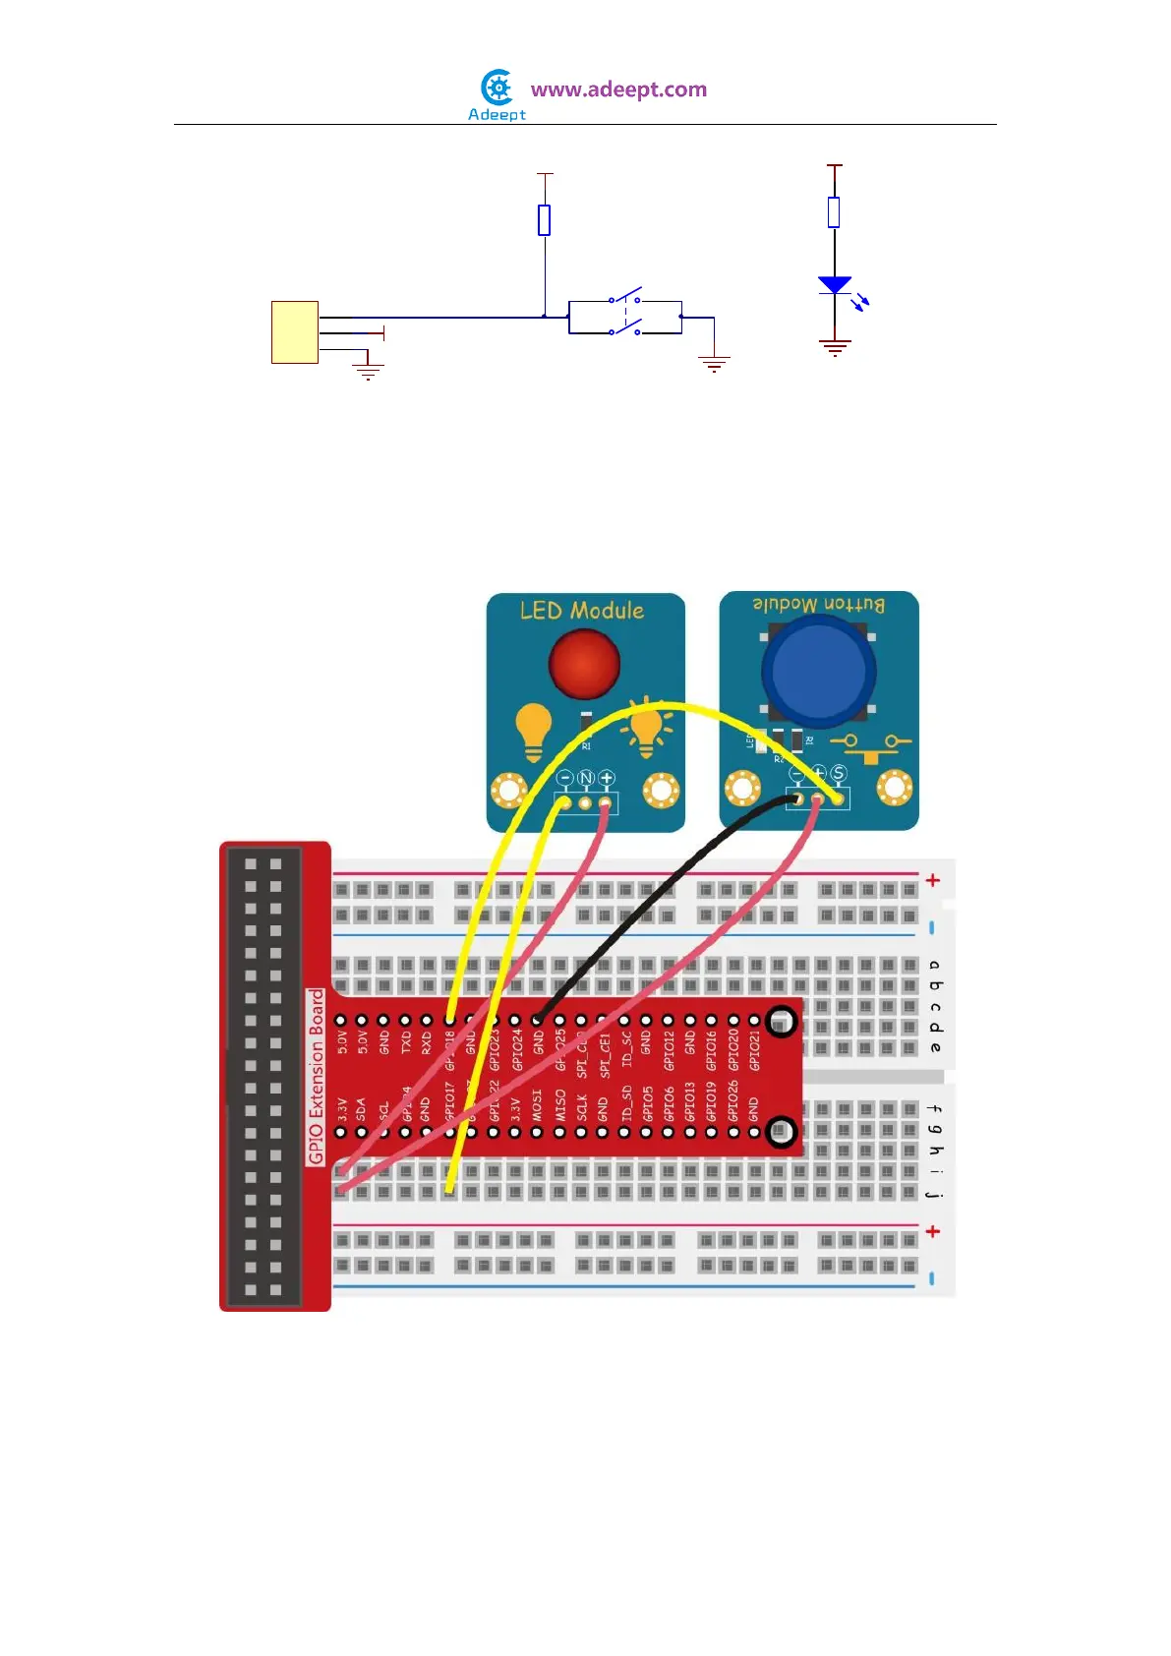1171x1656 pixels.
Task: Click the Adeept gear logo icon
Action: point(498,89)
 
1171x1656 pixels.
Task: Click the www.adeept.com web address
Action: point(618,89)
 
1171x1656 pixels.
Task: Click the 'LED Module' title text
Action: point(582,611)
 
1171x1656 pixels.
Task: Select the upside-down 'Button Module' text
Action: point(819,605)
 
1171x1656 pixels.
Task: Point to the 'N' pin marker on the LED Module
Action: point(585,779)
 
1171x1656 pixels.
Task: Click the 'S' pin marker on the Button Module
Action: point(839,774)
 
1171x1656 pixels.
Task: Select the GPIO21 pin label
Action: point(755,1051)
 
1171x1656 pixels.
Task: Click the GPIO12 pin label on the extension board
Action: point(669,1051)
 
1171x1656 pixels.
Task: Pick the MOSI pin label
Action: point(537,1104)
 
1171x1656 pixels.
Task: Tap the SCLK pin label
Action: point(581,1106)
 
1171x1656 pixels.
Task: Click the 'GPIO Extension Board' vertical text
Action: point(317,1077)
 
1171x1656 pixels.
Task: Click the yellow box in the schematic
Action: point(295,332)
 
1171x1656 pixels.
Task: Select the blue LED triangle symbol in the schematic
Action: point(835,285)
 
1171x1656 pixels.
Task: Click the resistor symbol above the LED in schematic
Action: point(834,212)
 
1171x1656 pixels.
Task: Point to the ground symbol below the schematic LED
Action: point(835,346)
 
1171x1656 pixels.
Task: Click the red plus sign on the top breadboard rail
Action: point(933,880)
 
